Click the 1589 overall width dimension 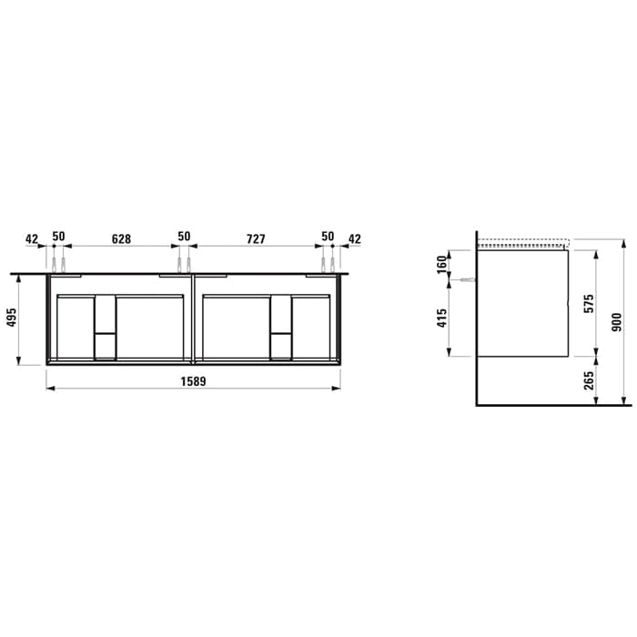pyautogui.click(x=193, y=382)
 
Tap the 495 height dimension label pyautogui.click(x=12, y=318)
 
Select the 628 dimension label pyautogui.click(x=121, y=238)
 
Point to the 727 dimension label pyautogui.click(x=256, y=238)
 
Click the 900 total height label pyautogui.click(x=617, y=322)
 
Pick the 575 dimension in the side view pyautogui.click(x=589, y=303)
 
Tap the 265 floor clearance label pyautogui.click(x=589, y=380)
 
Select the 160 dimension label pyautogui.click(x=442, y=265)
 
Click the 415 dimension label pyautogui.click(x=442, y=318)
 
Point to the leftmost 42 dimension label pyautogui.click(x=32, y=238)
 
